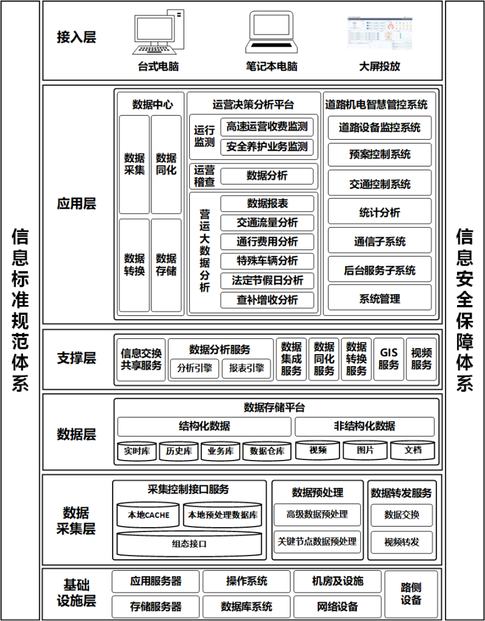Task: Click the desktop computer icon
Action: pos(158,31)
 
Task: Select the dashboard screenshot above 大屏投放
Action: pos(380,33)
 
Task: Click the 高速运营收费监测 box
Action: pos(267,126)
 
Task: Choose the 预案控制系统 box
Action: pos(380,154)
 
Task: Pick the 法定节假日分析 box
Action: pos(267,280)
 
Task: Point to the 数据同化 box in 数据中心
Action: pos(166,165)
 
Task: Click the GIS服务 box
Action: pos(389,359)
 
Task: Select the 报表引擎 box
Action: pos(246,369)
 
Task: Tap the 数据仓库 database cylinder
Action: pos(267,451)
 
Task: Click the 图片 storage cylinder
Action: pos(365,450)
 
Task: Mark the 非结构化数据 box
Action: pos(364,427)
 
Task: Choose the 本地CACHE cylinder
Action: pos(149,515)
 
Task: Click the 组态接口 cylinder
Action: pos(189,544)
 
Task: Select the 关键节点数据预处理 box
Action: pos(317,542)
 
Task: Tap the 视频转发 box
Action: pos(401,542)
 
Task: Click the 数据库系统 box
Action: pos(246,606)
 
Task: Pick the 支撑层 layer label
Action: pos(76,358)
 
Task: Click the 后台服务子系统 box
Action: pos(380,271)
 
